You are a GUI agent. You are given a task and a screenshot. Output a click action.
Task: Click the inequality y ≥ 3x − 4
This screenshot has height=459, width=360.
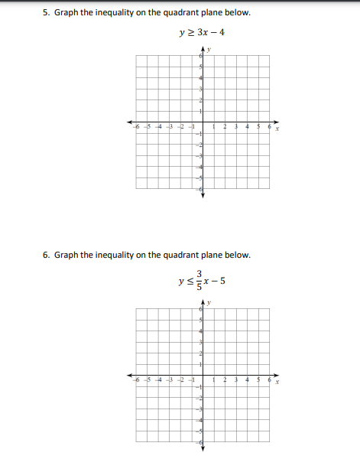point(201,33)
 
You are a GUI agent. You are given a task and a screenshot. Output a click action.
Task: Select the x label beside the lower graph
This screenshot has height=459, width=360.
point(277,381)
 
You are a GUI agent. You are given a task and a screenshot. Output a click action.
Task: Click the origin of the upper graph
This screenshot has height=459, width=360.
point(203,123)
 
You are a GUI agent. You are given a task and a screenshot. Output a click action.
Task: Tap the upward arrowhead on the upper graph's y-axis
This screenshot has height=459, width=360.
point(203,51)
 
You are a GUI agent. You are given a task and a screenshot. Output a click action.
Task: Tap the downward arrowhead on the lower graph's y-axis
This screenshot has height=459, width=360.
point(203,448)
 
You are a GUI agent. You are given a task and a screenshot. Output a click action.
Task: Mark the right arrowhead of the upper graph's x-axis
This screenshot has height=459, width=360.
point(279,123)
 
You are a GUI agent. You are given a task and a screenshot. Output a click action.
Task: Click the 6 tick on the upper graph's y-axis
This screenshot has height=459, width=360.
point(200,57)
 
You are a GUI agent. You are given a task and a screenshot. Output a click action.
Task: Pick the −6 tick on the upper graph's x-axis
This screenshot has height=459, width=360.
point(138,126)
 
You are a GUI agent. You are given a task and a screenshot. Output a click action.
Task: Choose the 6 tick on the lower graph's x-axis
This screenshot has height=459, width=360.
point(269,379)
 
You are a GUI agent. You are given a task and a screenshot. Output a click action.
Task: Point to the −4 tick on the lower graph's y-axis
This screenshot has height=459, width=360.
point(199,420)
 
